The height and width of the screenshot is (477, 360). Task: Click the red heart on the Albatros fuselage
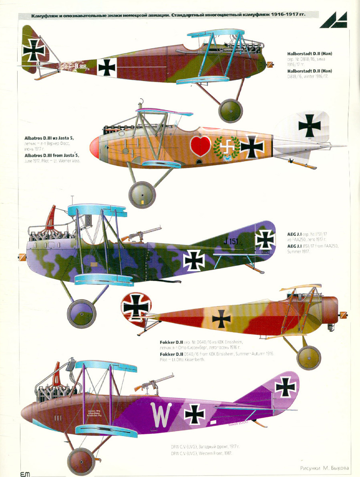click(x=201, y=146)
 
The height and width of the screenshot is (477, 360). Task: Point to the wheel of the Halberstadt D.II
click(x=231, y=110)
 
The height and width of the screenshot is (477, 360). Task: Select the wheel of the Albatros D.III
click(x=142, y=195)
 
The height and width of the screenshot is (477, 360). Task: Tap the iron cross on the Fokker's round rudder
click(x=136, y=307)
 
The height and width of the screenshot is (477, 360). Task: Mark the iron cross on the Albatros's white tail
click(x=309, y=125)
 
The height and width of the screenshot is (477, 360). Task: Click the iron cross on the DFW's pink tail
click(x=286, y=386)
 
